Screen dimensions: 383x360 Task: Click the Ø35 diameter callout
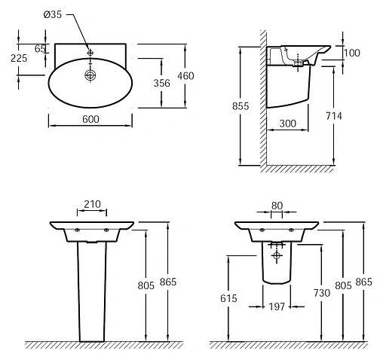(x=53, y=14)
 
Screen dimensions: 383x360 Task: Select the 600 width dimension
(x=90, y=119)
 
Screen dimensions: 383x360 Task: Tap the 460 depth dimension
(x=185, y=76)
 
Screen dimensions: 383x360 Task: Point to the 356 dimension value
(x=161, y=83)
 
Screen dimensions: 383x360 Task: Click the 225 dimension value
(x=19, y=58)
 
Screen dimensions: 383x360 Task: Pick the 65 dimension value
(x=40, y=49)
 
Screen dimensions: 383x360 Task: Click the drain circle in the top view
(x=90, y=75)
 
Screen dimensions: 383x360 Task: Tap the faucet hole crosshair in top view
(x=90, y=53)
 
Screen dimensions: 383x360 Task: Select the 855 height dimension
(x=241, y=106)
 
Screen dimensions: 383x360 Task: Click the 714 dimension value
(x=334, y=116)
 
